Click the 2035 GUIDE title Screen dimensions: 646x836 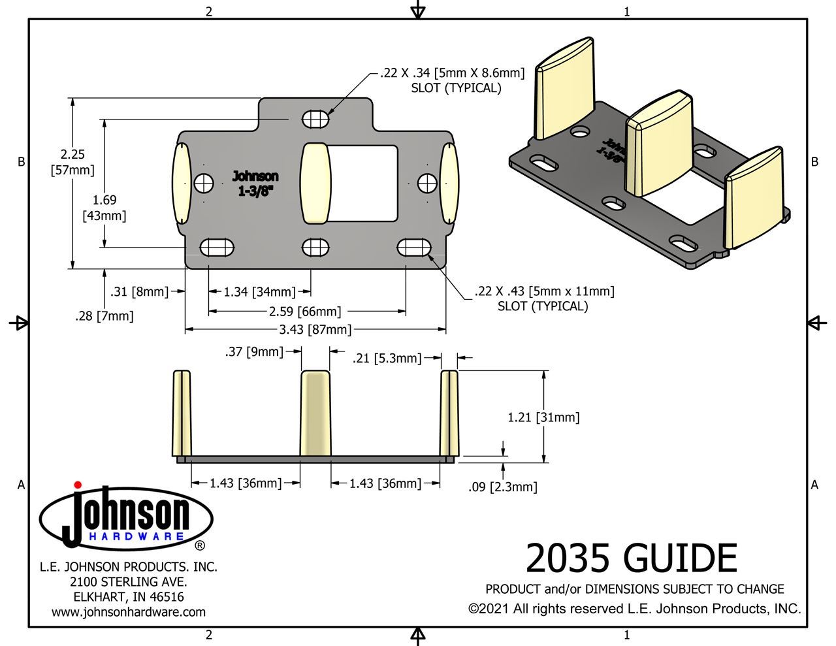tap(631, 559)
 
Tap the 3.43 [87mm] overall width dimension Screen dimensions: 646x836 tap(315, 330)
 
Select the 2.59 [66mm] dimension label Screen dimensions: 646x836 tap(305, 312)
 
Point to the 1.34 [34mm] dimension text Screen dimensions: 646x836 tap(259, 292)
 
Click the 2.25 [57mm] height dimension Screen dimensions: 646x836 tap(72, 163)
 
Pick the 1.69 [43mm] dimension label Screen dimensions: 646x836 tap(104, 208)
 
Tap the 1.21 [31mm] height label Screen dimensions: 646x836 tap(543, 417)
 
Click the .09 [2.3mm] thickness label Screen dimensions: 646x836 tap(503, 487)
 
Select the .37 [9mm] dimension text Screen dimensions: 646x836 tap(254, 352)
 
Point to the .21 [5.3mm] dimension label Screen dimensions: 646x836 tap(387, 358)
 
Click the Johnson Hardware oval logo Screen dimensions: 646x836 tap(126, 518)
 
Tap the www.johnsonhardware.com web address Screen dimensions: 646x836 tap(129, 612)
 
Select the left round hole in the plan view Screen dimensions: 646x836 tap(204, 184)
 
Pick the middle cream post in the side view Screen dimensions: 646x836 tap(315, 413)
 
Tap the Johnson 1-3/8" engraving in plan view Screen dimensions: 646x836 tap(255, 183)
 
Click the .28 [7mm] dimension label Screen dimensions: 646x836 tap(104, 316)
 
